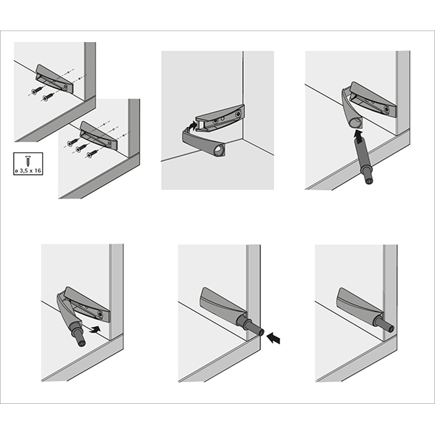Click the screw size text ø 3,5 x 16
[28, 170]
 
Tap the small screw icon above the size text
[28, 161]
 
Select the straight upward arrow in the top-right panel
[360, 136]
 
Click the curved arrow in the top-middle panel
[192, 126]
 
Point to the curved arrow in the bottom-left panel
[95, 329]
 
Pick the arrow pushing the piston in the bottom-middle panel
[273, 339]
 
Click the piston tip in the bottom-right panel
[390, 328]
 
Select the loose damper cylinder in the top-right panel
[363, 161]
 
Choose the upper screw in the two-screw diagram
[37, 91]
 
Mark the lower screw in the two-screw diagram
[47, 97]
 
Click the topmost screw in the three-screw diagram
[72, 142]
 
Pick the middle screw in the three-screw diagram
[81, 149]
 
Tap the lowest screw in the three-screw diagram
[92, 154]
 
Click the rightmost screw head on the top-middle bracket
[238, 114]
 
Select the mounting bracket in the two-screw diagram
[54, 78]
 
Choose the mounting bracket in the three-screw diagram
[99, 135]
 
